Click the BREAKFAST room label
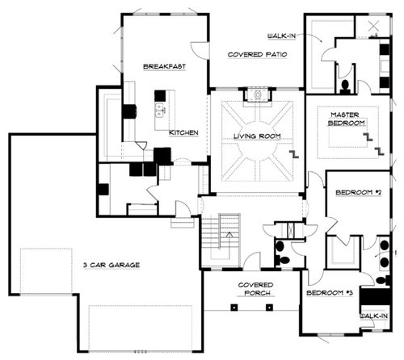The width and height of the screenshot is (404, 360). click(x=164, y=66)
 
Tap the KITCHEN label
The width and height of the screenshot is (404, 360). click(x=183, y=132)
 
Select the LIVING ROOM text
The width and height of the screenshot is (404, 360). click(x=257, y=136)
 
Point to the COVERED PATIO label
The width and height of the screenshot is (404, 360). click(x=257, y=54)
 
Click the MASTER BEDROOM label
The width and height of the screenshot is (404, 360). click(x=346, y=119)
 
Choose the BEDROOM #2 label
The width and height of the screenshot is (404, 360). click(x=359, y=192)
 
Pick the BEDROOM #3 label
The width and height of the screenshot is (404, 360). click(x=330, y=293)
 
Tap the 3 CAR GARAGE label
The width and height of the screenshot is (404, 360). click(x=112, y=265)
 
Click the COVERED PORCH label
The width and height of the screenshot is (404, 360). click(x=256, y=289)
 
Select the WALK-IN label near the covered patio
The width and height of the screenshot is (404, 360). click(x=281, y=36)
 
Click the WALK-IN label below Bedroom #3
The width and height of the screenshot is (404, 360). click(x=374, y=316)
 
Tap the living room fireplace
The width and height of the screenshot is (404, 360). click(x=258, y=95)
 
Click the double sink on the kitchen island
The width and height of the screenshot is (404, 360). click(x=160, y=110)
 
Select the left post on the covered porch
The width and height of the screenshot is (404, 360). click(x=234, y=308)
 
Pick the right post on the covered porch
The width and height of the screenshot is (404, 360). click(x=269, y=308)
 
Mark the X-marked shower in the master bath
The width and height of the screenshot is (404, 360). click(x=373, y=26)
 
